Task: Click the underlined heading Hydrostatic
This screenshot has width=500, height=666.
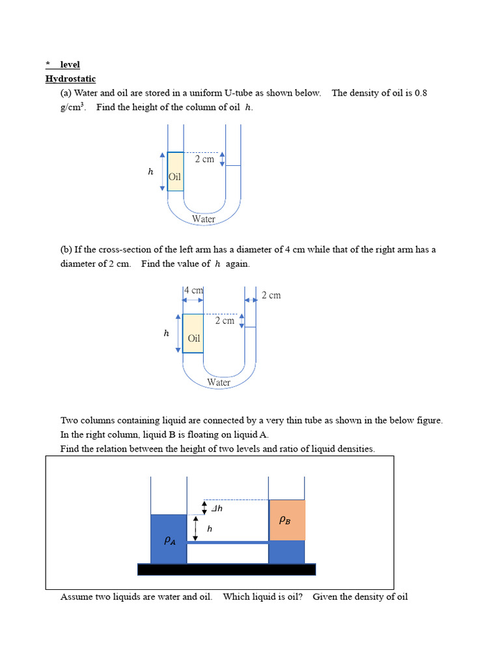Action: pos(70,79)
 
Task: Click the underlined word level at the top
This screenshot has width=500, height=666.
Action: pos(70,64)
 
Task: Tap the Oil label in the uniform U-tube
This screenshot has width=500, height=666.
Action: pos(174,177)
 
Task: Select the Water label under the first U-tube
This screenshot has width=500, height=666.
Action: pos(203,219)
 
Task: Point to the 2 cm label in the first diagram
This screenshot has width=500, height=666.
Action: pos(204,159)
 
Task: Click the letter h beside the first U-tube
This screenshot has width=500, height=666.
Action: pos(150,172)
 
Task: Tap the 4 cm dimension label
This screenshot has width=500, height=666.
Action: pos(193,290)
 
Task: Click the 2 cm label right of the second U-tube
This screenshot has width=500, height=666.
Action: pos(271,295)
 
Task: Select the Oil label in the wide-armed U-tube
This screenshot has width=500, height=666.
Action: pos(194,338)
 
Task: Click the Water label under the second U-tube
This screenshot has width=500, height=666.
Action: pos(219,382)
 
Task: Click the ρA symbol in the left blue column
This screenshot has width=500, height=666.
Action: pos(169,540)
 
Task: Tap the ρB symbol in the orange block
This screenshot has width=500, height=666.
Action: pos(285,520)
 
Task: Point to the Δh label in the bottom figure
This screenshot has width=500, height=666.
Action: pos(217,508)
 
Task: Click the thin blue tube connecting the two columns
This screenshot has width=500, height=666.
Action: pos(227,542)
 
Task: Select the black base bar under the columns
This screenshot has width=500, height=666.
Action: pos(226,570)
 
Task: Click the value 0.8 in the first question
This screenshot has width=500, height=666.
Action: pos(420,93)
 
